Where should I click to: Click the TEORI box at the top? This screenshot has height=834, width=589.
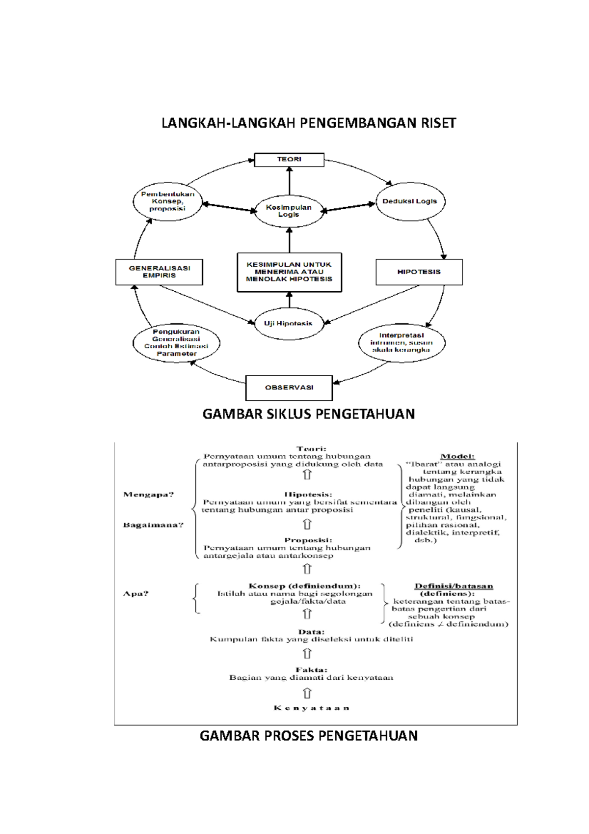289,160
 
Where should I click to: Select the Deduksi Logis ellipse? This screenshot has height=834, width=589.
410,201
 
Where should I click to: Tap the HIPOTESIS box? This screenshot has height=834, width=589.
419,272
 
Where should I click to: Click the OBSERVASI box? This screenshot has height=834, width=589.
289,388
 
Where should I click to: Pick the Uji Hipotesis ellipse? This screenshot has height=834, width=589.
289,324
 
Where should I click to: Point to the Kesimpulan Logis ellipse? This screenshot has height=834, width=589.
289,211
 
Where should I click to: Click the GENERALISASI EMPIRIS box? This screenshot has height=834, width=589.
159,272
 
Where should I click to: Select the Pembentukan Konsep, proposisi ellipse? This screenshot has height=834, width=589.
167,201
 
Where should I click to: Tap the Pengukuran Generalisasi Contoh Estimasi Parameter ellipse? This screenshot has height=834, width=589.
176,343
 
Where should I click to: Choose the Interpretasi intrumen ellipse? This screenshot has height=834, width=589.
402,343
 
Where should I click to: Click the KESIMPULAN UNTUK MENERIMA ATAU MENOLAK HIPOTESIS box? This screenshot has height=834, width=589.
289,272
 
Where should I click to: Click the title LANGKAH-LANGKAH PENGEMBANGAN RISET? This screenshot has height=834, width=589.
309,123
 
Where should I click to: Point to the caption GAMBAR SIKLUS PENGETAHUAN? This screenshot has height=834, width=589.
309,414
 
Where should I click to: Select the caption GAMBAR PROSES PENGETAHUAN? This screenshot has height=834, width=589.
309,736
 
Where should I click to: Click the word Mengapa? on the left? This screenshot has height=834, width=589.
149,495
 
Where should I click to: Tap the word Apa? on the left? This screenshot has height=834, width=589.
135,593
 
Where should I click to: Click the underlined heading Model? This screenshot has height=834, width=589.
457,456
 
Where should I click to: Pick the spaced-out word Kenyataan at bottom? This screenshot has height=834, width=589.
311,708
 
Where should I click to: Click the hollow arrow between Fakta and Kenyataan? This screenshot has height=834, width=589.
307,693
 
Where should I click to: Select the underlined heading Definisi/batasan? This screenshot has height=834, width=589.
454,586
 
